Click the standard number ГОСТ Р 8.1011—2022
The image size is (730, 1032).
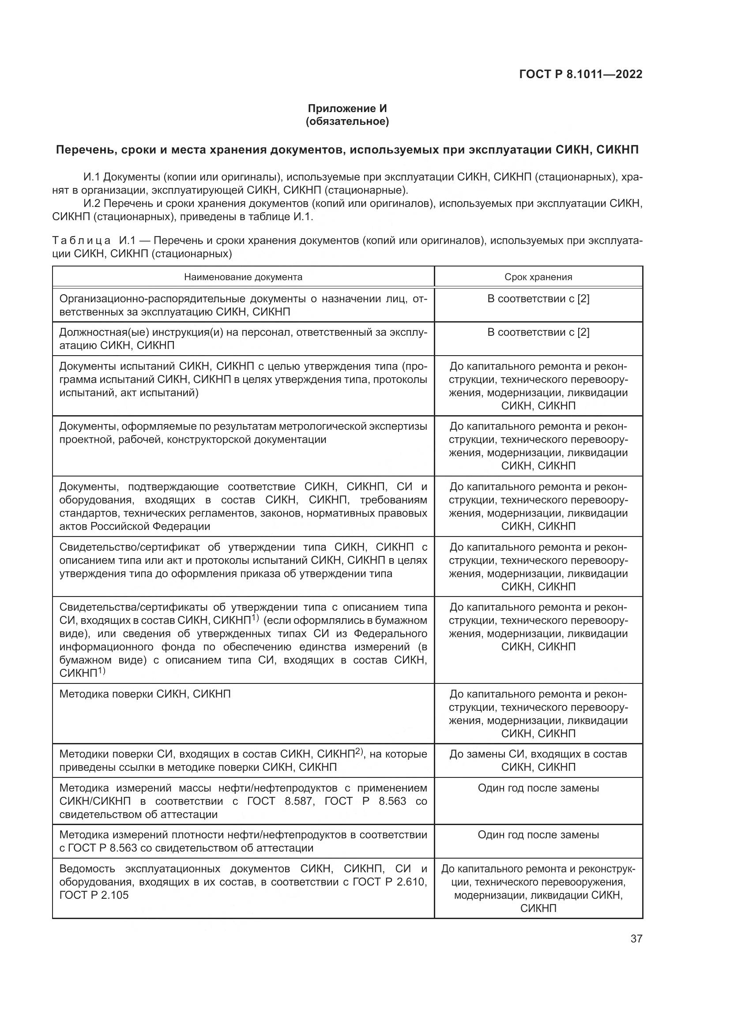(580, 74)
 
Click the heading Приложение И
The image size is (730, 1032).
(347, 109)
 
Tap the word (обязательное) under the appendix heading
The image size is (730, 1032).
(347, 121)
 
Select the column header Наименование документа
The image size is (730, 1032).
(243, 277)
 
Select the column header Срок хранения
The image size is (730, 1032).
(538, 277)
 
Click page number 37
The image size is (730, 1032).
(636, 938)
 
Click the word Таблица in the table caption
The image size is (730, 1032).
(81, 240)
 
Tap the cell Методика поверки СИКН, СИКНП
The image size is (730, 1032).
(145, 694)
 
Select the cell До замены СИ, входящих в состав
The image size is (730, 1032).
(538, 754)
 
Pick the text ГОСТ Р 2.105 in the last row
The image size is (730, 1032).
(94, 895)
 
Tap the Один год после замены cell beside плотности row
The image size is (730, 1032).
(538, 835)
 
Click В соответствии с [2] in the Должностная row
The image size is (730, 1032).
(538, 332)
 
